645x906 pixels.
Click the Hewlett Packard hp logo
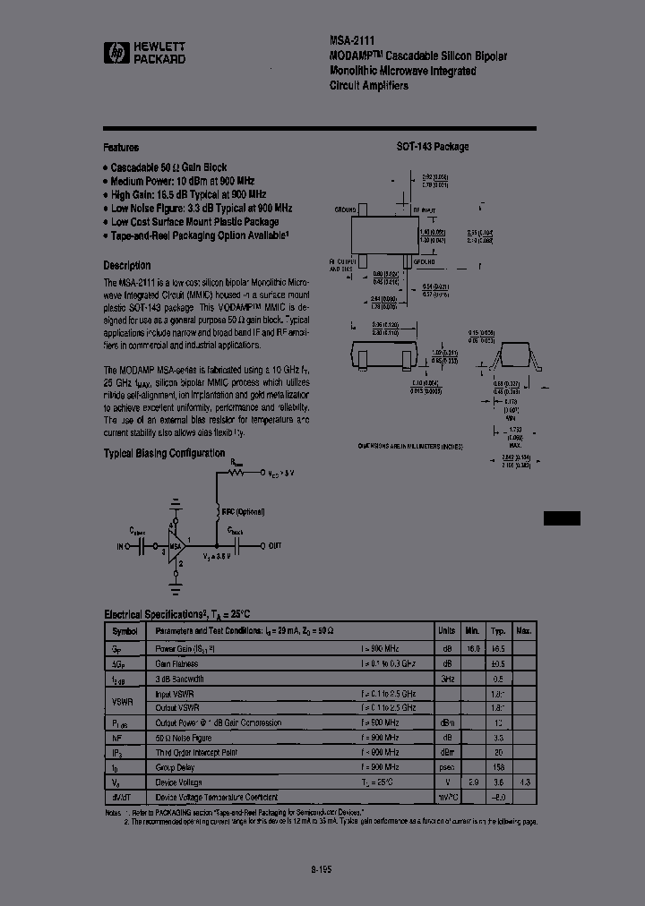click(114, 53)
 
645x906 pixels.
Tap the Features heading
click(121, 148)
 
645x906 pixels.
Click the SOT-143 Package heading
click(433, 147)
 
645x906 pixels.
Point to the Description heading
click(126, 265)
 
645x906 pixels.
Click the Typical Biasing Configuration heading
click(164, 453)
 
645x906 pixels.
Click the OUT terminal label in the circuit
click(275, 545)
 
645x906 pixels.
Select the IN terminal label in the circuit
click(122, 545)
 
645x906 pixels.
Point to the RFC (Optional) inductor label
click(244, 511)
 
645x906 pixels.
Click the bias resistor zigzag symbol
click(237, 471)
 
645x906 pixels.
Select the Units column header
click(446, 630)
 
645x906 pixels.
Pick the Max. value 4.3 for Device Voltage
click(525, 782)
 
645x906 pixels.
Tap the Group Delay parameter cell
click(175, 767)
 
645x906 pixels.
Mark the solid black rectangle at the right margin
click(562, 517)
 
